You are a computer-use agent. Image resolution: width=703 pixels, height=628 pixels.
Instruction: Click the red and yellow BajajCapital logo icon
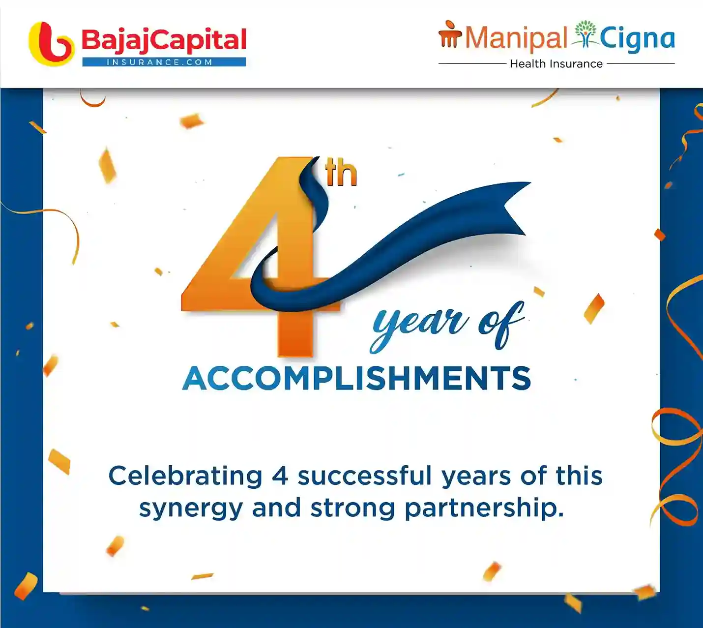(x=51, y=44)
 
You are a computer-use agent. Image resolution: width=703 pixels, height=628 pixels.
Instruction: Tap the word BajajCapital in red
(x=164, y=40)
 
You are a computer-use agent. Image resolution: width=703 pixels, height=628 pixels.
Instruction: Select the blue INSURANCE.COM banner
(x=164, y=62)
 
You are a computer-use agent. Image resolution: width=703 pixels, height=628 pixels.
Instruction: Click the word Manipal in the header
(x=516, y=38)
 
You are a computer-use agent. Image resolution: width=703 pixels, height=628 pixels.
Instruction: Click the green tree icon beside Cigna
(x=585, y=34)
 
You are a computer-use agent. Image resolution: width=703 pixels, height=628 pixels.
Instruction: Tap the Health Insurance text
(x=556, y=64)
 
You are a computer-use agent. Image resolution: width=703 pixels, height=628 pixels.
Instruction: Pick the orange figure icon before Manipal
(x=450, y=34)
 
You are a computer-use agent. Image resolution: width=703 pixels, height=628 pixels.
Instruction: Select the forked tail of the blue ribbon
(x=514, y=209)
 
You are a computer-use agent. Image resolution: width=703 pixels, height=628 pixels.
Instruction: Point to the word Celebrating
(x=185, y=476)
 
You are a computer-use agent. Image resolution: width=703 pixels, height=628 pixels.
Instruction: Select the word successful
(x=364, y=476)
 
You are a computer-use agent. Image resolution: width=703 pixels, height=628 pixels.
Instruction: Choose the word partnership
(x=484, y=508)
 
